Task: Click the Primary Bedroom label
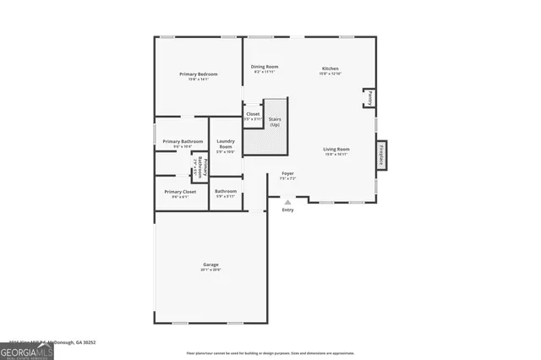point(199,74)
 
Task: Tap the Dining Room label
point(265,66)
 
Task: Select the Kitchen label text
point(330,67)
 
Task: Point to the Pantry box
point(369,99)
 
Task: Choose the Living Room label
point(336,149)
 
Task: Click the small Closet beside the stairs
point(252,116)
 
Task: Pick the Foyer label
point(287,173)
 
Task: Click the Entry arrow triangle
point(287,202)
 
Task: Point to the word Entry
point(288,210)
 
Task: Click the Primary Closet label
point(179,191)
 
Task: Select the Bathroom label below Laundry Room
point(226,191)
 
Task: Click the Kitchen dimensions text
point(330,73)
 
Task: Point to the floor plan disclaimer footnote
point(270,352)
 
